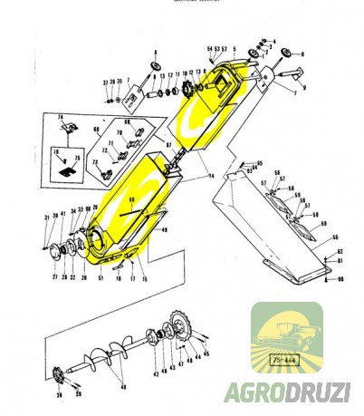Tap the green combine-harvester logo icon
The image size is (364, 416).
pyautogui.click(x=286, y=336)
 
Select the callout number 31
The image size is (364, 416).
pyautogui.click(x=44, y=218)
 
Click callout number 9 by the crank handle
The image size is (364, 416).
pyautogui.click(x=304, y=88)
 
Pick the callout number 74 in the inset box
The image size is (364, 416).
pyautogui.click(x=61, y=119)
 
